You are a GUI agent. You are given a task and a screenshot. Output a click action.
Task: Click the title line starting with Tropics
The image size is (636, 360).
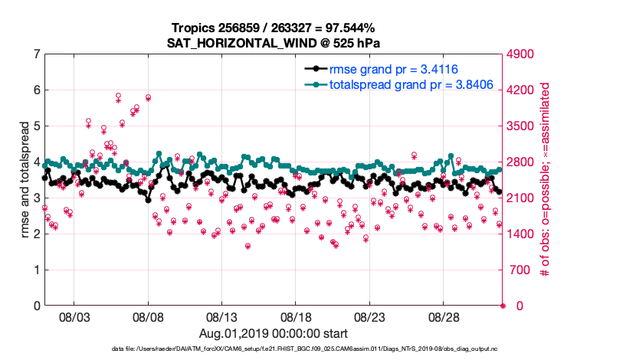coord(274,28)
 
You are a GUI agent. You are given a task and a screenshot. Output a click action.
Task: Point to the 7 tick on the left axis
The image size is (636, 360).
coord(36,54)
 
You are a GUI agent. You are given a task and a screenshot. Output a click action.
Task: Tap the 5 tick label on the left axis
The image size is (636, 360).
coord(36,126)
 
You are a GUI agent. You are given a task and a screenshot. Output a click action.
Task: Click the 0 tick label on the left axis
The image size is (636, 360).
coord(36,306)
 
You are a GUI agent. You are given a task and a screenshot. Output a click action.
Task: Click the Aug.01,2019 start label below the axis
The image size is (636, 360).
coord(274,333)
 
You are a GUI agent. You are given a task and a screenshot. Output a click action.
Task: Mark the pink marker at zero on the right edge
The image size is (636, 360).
coord(503,306)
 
